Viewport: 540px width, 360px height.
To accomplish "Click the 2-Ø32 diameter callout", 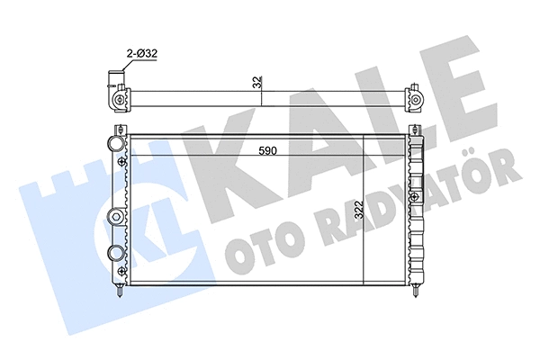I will (x=142, y=55).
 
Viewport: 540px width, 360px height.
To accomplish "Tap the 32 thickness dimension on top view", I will (x=257, y=82).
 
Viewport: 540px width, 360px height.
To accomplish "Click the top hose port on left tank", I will (x=115, y=145).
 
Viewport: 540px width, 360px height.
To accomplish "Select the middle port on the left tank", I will (x=115, y=215).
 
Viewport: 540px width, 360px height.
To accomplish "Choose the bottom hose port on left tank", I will (x=115, y=253).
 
